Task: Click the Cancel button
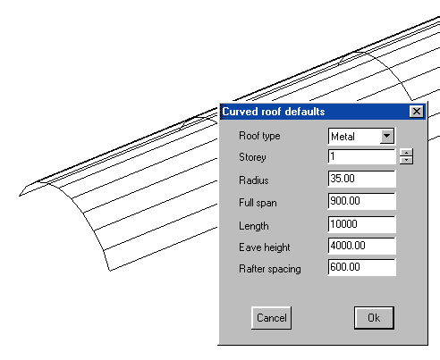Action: [271, 318]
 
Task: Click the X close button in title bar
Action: [417, 112]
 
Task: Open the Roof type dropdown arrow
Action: [387, 136]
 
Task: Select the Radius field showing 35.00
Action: [361, 179]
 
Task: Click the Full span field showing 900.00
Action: [361, 201]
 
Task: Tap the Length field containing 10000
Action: [361, 224]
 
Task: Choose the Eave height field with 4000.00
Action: [361, 246]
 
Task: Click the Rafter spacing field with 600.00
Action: [361, 267]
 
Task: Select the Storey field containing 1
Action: [361, 156]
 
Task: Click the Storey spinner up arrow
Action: [406, 153]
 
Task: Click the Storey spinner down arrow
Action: [406, 161]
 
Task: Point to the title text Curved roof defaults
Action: [274, 112]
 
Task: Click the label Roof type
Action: [259, 136]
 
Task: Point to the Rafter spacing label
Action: [270, 269]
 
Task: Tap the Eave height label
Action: [265, 247]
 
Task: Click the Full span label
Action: [258, 203]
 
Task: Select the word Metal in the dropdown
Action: [343, 137]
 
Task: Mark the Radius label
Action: [254, 180]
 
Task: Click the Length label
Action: [254, 226]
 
